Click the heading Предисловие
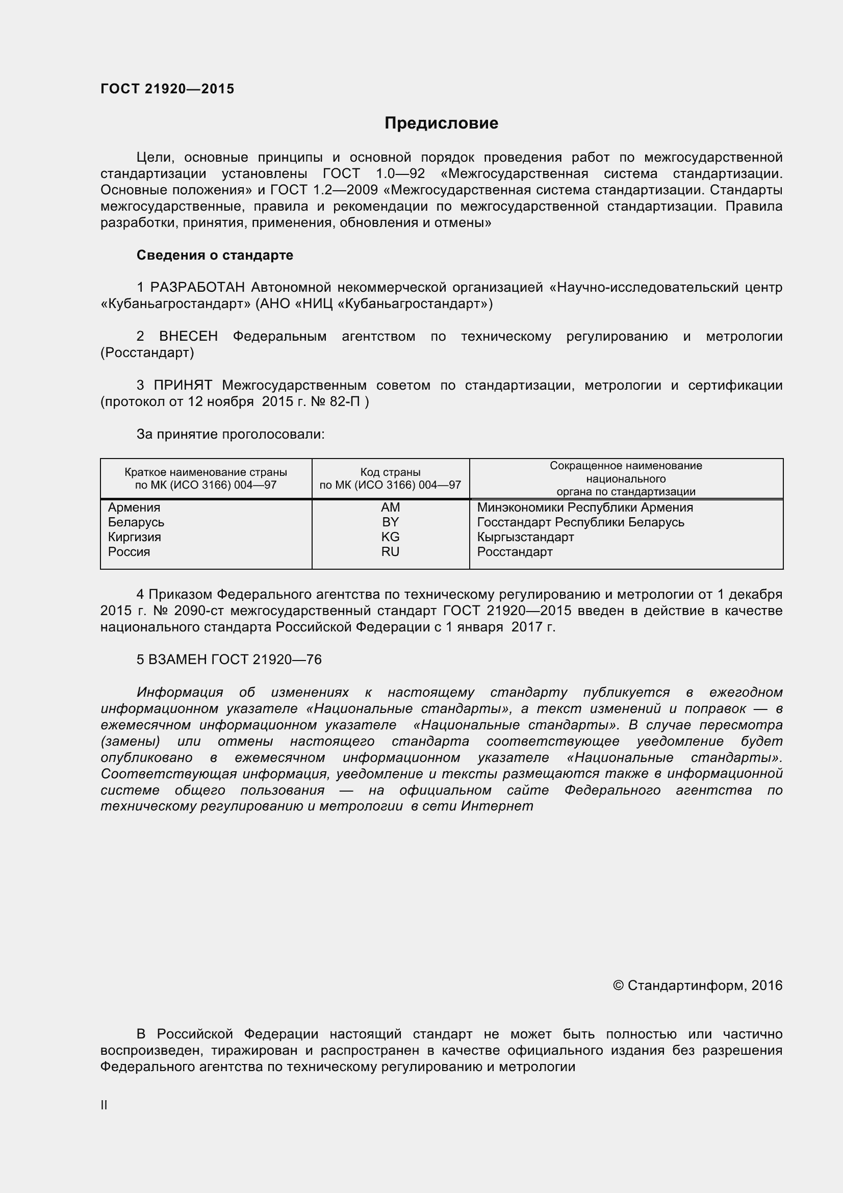tap(441, 123)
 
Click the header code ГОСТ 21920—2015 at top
tap(167, 89)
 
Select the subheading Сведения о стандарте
tap(215, 255)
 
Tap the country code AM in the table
tap(390, 507)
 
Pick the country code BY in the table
tap(390, 522)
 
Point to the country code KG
tap(390, 537)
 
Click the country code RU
tap(390, 551)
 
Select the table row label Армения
tap(134, 507)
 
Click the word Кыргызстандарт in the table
tap(525, 537)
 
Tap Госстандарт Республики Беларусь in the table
tap(580, 522)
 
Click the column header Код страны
tap(390, 472)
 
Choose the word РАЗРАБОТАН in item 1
tap(197, 287)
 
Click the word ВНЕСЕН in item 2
tap(188, 336)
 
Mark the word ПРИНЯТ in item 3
tap(183, 385)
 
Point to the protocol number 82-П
tap(344, 401)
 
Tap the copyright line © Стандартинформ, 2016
tap(697, 985)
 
